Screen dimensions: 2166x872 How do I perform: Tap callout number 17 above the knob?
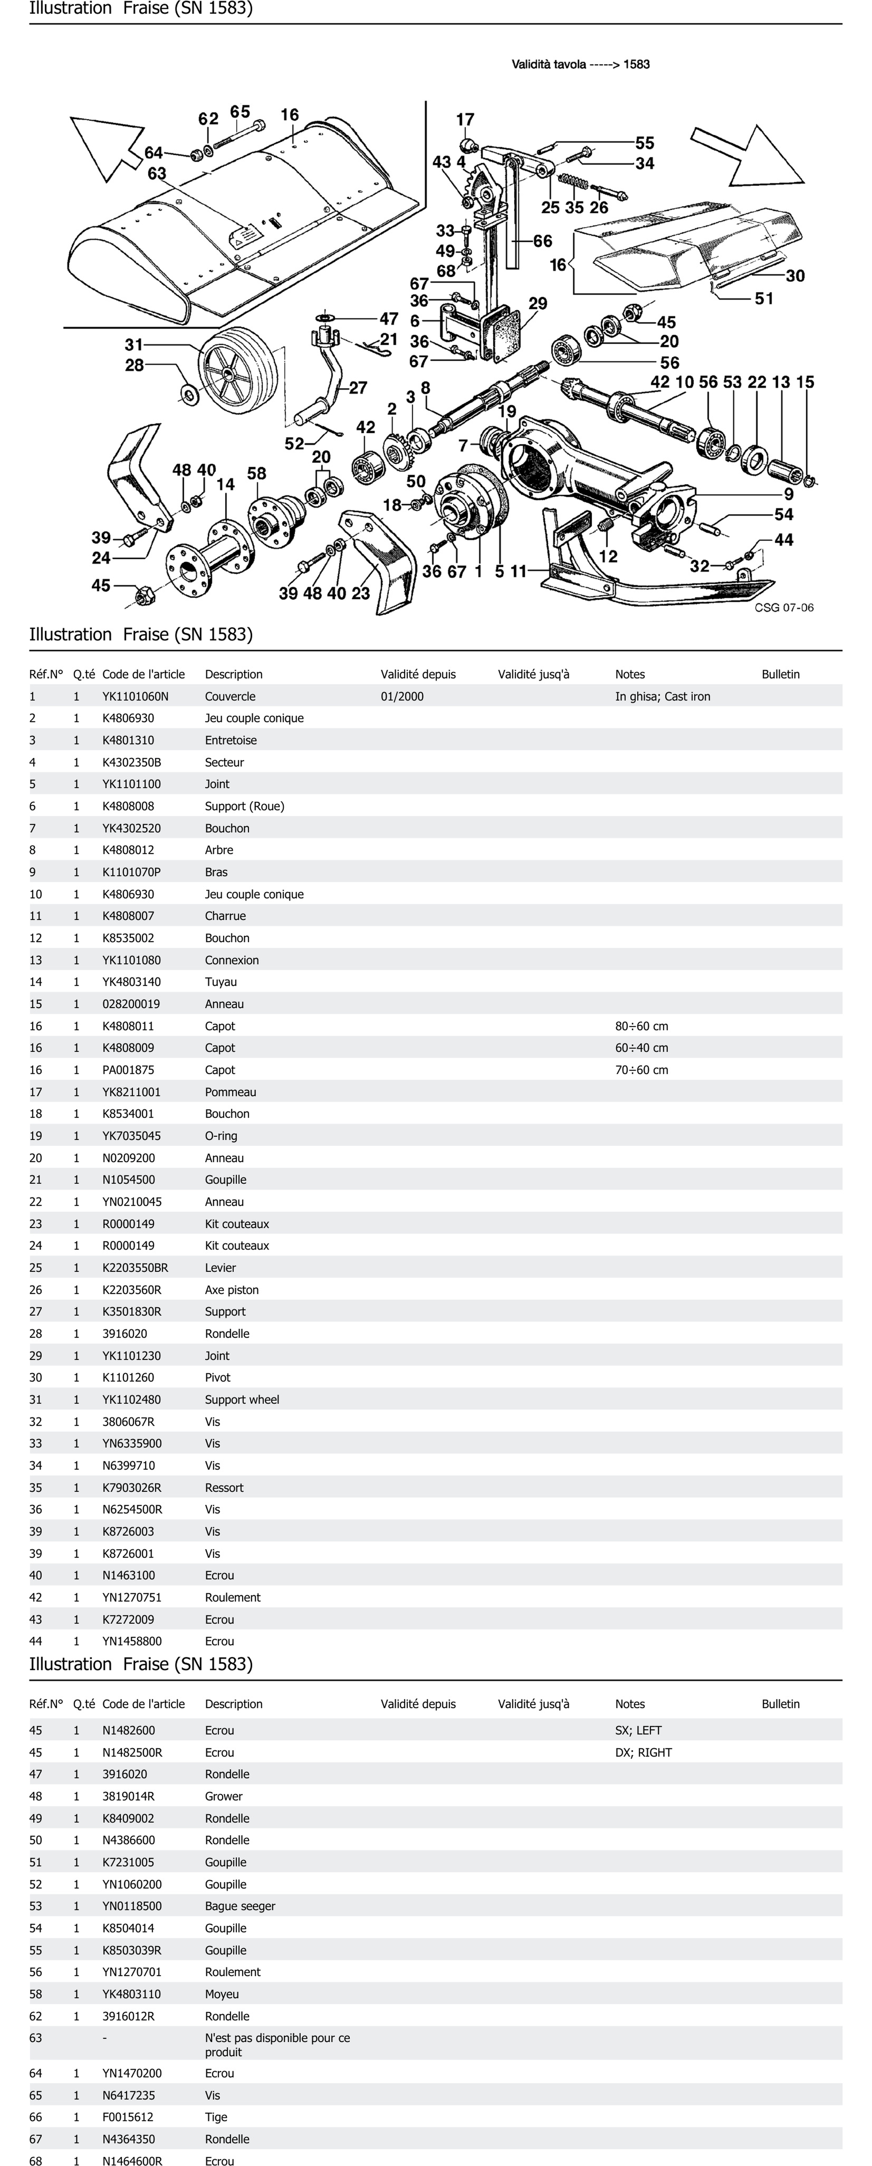click(465, 120)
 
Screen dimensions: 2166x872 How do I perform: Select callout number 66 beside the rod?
click(542, 241)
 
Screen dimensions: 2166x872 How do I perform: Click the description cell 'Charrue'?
click(225, 916)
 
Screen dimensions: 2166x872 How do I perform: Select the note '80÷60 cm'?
click(641, 1026)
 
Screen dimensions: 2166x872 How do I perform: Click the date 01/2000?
click(402, 696)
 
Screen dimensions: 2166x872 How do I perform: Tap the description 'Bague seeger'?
click(240, 1906)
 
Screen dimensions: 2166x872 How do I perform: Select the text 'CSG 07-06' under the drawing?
click(784, 608)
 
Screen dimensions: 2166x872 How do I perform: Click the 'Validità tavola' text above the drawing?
click(580, 64)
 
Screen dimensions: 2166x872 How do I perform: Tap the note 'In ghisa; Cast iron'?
click(663, 696)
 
